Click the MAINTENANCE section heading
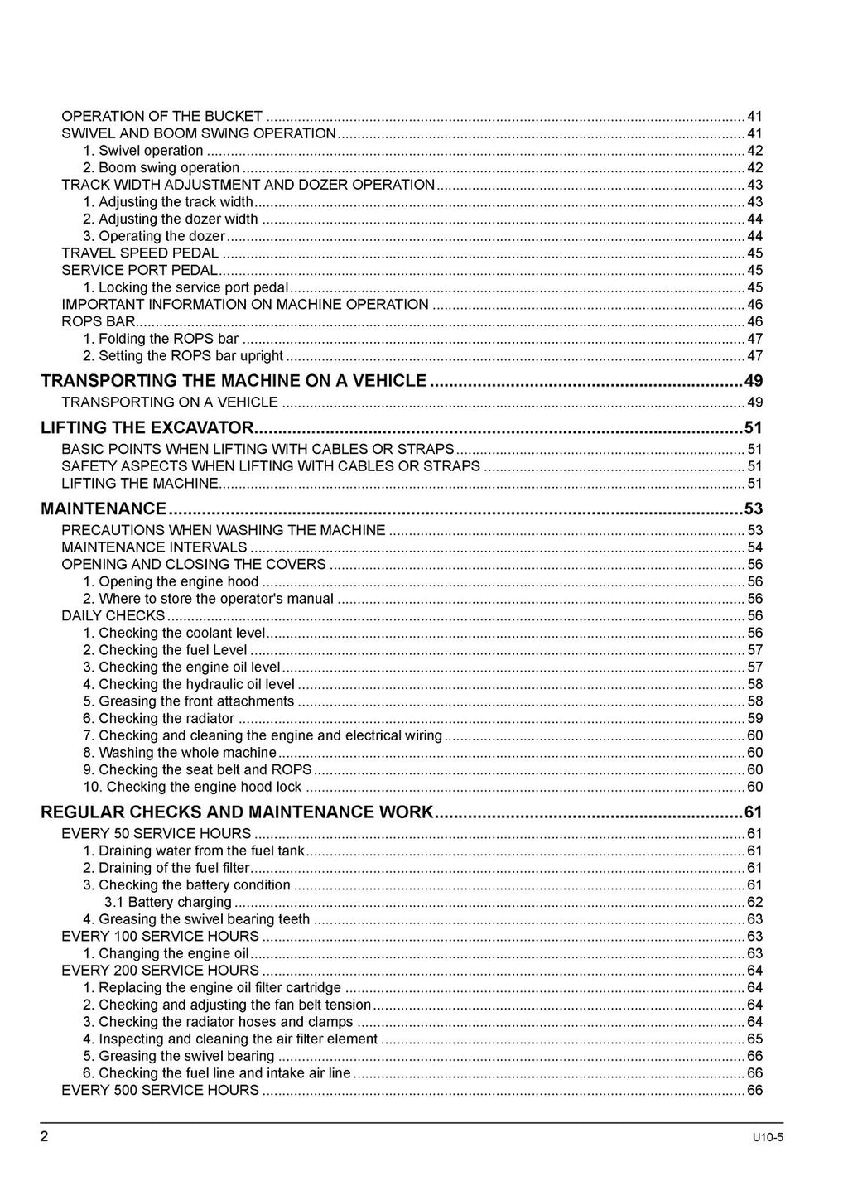(x=104, y=508)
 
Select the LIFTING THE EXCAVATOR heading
(x=147, y=428)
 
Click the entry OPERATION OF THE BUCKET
(x=162, y=117)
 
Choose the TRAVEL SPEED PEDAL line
(x=140, y=253)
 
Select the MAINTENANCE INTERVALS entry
(x=154, y=547)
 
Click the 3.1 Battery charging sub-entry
(x=168, y=902)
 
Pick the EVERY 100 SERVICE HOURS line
(x=161, y=936)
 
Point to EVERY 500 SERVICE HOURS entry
(x=161, y=1090)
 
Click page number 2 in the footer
(x=45, y=1135)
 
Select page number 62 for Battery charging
(x=754, y=902)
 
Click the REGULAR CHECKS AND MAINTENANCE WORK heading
(x=237, y=812)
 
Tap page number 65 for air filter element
(x=754, y=1039)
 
